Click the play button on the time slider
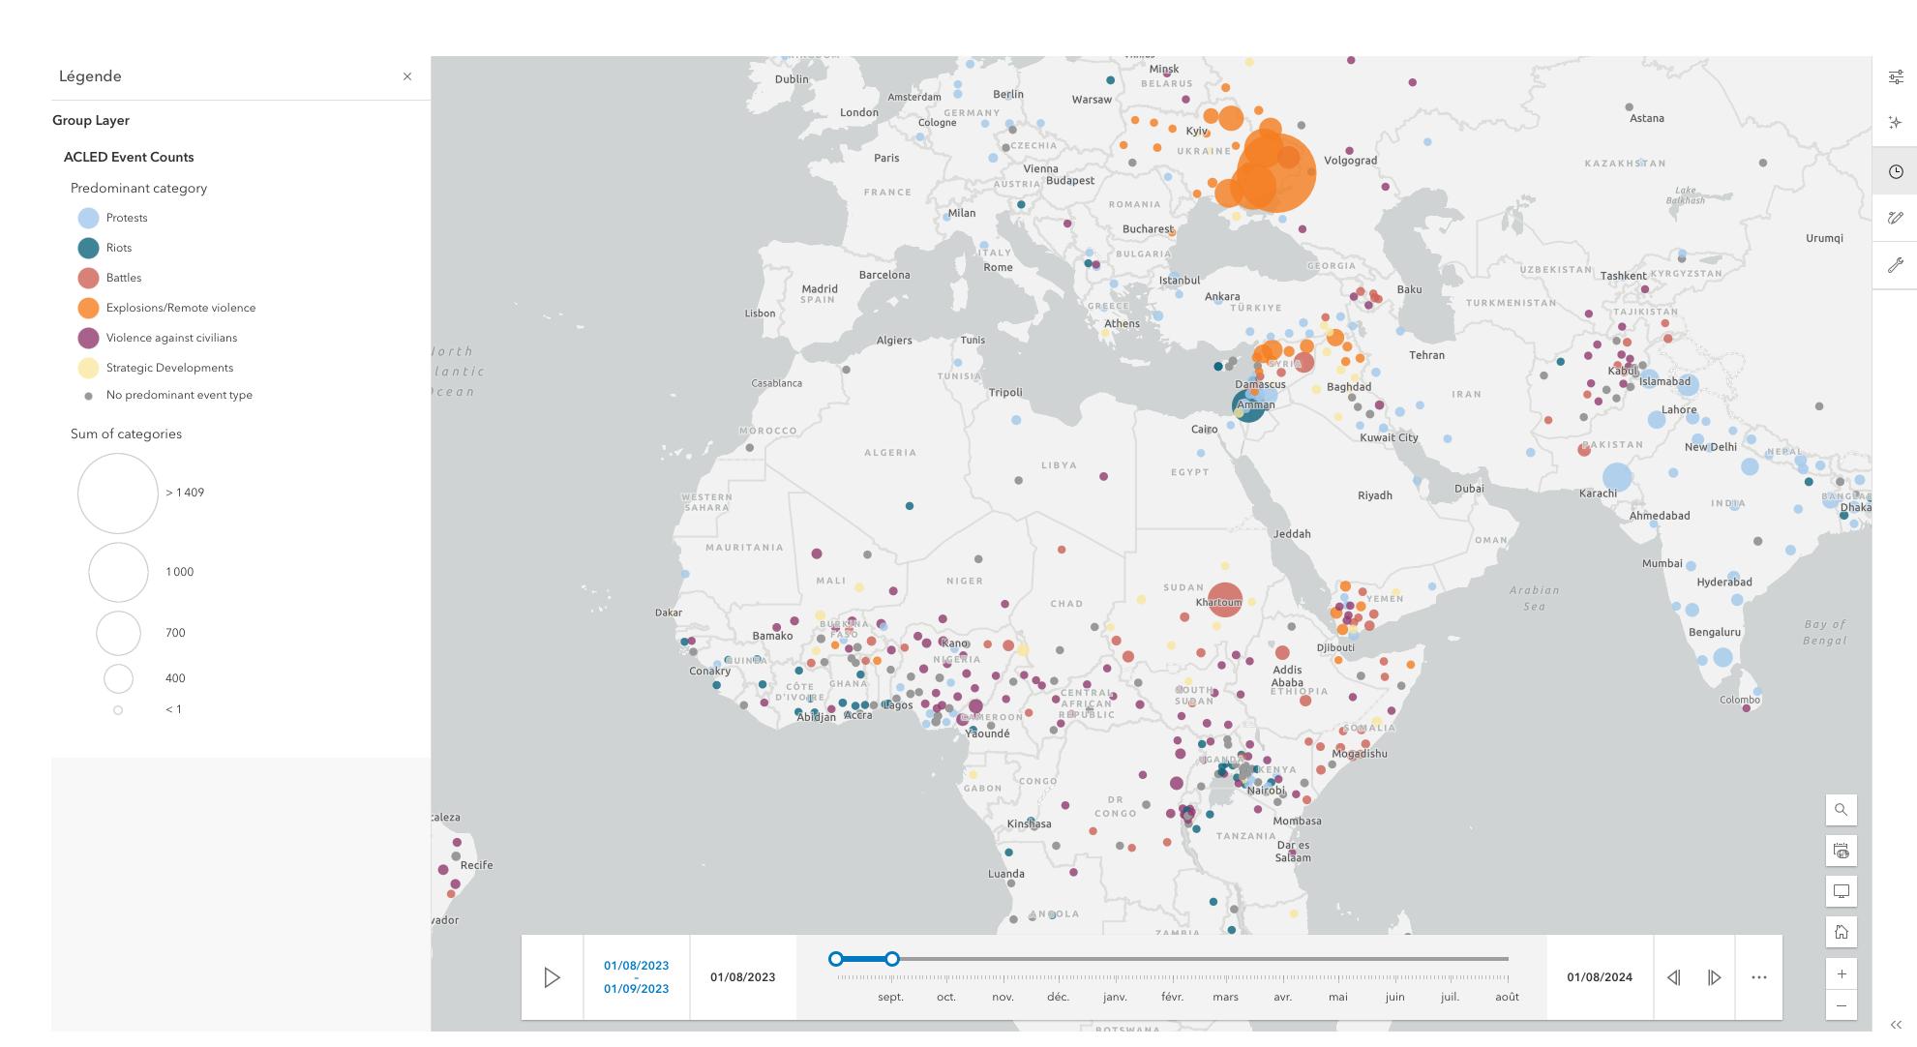[552, 977]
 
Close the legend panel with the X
[407, 76]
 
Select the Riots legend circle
[88, 248]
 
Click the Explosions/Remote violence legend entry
[180, 308]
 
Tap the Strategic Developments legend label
[169, 368]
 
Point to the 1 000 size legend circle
[118, 572]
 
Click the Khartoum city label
[1218, 602]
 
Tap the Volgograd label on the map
[1350, 161]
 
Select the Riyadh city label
[1374, 495]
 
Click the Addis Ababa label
[1287, 676]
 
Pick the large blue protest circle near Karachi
[1617, 476]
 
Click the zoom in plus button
[1842, 974]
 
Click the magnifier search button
[1842, 810]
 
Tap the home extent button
[1842, 932]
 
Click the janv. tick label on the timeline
[1115, 997]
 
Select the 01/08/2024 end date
[1600, 977]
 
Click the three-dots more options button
[1759, 977]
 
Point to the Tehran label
[1426, 355]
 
